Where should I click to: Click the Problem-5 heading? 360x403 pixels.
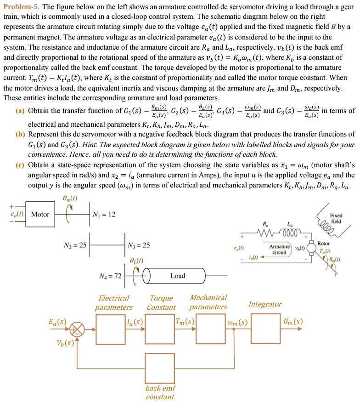(x=21, y=7)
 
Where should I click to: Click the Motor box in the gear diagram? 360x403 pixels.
(x=40, y=215)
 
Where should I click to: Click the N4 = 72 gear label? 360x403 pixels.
(x=111, y=276)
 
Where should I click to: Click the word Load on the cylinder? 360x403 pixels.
(x=178, y=276)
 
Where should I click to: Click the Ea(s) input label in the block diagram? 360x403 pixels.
(x=57, y=321)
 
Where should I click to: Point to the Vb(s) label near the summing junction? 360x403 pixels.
(x=65, y=343)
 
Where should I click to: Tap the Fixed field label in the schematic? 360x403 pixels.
(x=336, y=219)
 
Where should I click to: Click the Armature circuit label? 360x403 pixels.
(x=280, y=250)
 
